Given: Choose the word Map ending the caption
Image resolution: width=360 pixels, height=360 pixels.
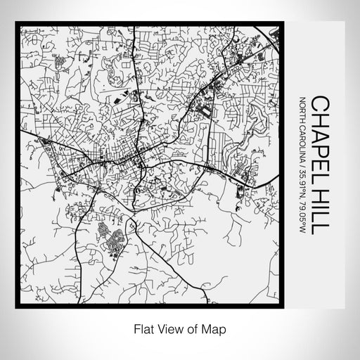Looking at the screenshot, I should coord(209,328).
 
